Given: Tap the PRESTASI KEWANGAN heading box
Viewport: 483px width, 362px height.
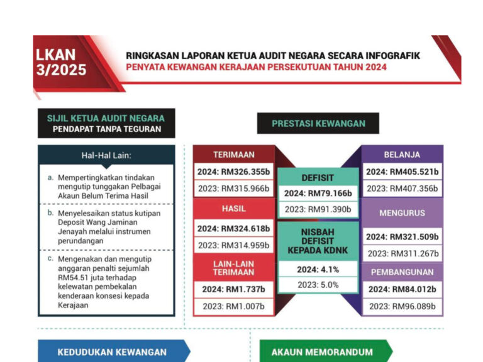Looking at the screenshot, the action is (318, 124).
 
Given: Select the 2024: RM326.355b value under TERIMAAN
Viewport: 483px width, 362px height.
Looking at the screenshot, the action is (233, 172).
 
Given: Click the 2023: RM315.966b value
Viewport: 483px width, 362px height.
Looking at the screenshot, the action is (233, 188).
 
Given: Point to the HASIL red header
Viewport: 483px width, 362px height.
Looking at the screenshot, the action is (233, 208).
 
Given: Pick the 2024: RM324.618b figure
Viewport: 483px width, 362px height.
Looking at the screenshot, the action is (233, 229).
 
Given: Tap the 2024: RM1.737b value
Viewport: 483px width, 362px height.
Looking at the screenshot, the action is (233, 290).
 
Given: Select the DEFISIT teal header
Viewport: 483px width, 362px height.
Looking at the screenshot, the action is (318, 177).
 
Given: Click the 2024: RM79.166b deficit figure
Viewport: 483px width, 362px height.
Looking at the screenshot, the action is (318, 193).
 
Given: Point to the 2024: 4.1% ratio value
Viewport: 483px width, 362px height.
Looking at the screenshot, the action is (318, 269).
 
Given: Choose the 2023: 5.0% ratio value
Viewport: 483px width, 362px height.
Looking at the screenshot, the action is (318, 285).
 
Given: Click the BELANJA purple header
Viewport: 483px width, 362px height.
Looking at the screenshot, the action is (402, 154).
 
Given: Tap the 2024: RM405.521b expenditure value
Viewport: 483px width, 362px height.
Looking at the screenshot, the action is (402, 172).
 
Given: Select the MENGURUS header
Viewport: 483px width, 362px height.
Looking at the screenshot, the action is (402, 213).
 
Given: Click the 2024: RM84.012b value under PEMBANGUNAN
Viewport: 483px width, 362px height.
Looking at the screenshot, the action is (402, 290).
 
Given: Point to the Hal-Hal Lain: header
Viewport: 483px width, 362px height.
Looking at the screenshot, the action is (106, 155).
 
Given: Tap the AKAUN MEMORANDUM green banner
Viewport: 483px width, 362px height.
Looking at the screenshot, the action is (322, 352).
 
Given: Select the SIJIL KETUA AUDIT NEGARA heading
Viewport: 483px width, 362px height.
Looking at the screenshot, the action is (106, 118).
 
